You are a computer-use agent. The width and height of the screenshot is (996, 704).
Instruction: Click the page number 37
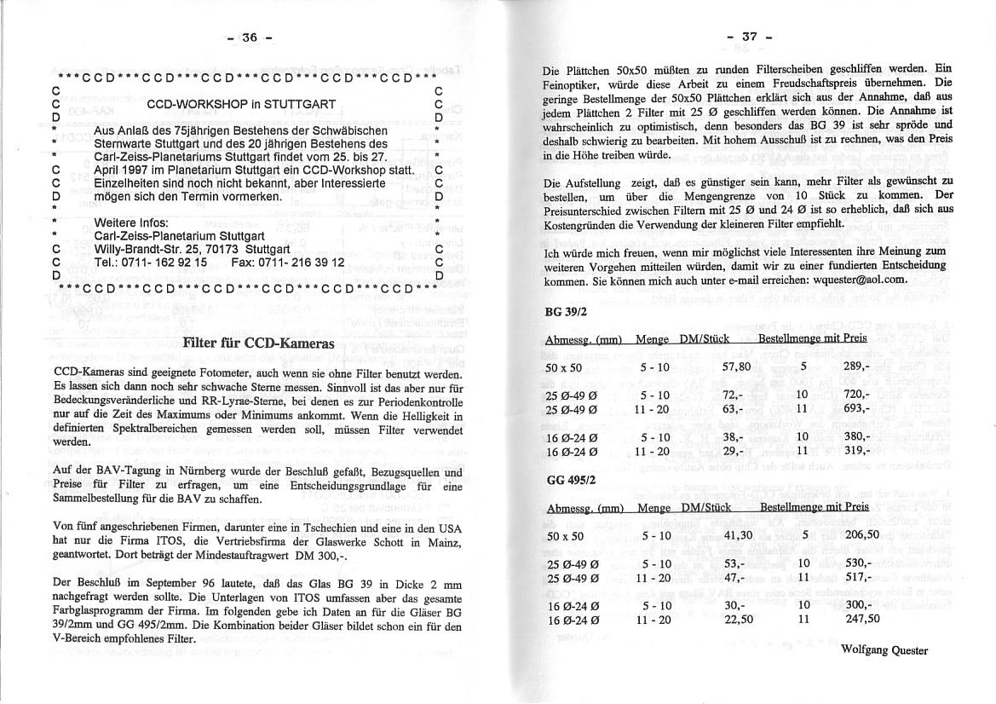(x=749, y=37)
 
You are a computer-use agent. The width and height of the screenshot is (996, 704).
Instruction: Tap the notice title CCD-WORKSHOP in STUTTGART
(x=241, y=105)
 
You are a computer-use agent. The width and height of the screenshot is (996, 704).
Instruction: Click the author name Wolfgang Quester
(x=884, y=649)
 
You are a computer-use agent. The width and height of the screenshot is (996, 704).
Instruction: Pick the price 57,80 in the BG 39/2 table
(x=735, y=366)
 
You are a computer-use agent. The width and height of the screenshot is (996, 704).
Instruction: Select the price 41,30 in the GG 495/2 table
(x=738, y=534)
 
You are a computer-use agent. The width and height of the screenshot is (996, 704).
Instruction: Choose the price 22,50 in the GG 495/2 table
(x=738, y=620)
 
